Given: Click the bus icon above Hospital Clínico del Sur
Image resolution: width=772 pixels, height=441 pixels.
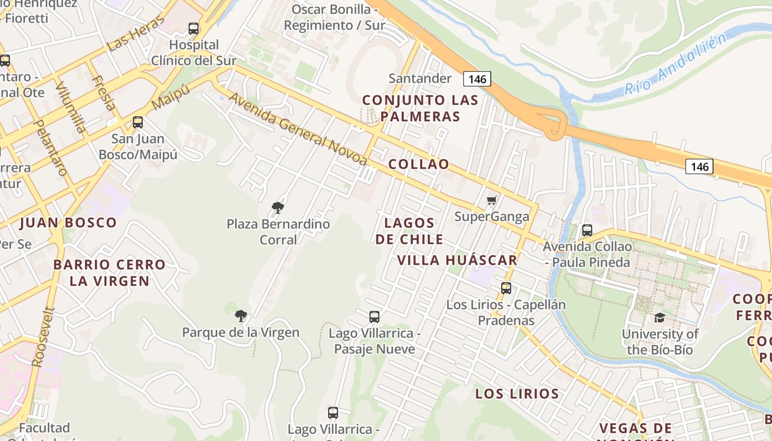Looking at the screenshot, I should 193,28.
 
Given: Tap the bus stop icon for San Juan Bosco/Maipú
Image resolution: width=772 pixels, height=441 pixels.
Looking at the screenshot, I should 138,122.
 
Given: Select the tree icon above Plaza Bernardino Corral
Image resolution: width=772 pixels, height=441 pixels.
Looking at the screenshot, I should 278,208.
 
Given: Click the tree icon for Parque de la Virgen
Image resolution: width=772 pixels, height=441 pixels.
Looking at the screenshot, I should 240,315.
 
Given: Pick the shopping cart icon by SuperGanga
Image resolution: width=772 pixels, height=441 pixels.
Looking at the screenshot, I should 491,200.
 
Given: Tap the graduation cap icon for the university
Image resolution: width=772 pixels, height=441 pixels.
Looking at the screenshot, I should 660,318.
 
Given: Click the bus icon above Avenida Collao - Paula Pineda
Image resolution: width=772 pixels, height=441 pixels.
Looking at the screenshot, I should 587,230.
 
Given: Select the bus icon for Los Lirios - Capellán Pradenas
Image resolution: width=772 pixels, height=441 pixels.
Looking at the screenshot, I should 506,288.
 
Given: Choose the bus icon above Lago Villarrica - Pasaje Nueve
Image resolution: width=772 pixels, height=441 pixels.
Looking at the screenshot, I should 374,316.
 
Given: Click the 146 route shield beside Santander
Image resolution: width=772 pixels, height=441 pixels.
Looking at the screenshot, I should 477,79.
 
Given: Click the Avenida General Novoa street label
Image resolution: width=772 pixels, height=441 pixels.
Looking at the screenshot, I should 298,129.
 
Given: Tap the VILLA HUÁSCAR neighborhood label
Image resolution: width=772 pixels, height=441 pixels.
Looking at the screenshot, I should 458,260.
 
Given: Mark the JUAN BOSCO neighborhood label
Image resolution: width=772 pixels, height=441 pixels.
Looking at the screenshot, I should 68,223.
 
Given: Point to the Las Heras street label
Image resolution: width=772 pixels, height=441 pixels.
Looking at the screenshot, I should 136,34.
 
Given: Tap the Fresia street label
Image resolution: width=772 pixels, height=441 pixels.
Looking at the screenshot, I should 103,93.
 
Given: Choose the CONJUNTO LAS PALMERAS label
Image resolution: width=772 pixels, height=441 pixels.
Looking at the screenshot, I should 420,109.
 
